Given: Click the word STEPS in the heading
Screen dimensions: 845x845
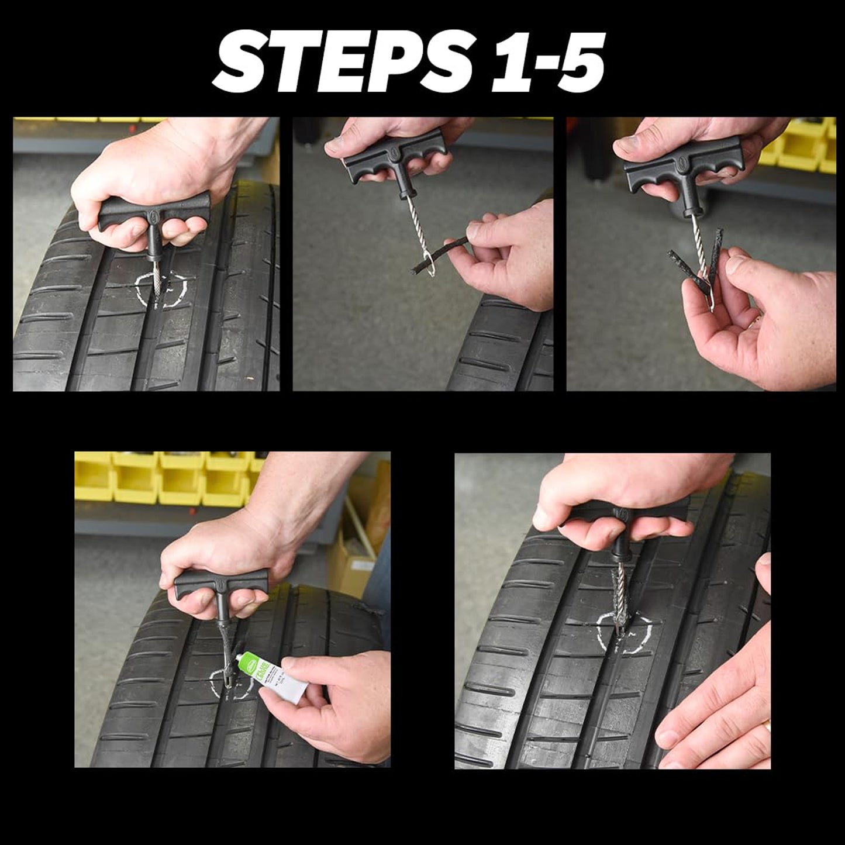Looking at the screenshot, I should pos(342,62).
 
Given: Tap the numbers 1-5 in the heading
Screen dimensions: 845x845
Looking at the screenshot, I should pos(547,62).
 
